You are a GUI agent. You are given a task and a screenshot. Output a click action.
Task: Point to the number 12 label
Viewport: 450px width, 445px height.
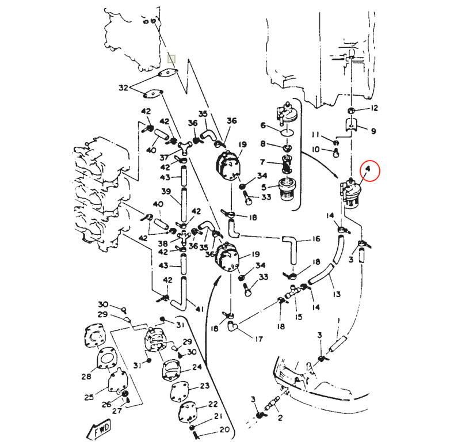pyautogui.click(x=375, y=108)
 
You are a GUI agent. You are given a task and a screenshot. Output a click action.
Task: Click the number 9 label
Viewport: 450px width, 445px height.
pyautogui.click(x=373, y=131)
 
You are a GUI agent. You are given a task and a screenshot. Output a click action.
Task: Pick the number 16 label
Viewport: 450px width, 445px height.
pyautogui.click(x=316, y=238)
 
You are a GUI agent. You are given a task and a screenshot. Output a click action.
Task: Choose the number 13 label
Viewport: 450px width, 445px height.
pyautogui.click(x=337, y=294)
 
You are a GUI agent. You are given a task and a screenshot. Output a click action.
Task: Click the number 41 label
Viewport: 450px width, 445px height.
pyautogui.click(x=200, y=309)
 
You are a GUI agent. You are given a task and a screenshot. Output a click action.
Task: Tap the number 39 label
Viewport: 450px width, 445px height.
pyautogui.click(x=166, y=192)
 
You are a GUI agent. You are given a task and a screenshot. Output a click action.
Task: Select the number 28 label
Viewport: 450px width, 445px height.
pyautogui.click(x=86, y=377)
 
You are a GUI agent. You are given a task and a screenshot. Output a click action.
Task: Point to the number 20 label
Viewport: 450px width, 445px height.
pyautogui.click(x=224, y=430)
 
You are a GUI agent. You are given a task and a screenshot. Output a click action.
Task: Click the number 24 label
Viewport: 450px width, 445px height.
pyautogui.click(x=197, y=367)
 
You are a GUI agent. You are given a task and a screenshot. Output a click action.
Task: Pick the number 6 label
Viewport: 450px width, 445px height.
pyautogui.click(x=263, y=125)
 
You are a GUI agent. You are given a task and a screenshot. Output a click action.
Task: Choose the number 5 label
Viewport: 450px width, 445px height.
pyautogui.click(x=264, y=187)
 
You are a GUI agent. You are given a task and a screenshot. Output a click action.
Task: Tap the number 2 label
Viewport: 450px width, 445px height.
pyautogui.click(x=280, y=419)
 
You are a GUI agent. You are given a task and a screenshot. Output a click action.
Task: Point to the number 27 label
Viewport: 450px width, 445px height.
pyautogui.click(x=117, y=411)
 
